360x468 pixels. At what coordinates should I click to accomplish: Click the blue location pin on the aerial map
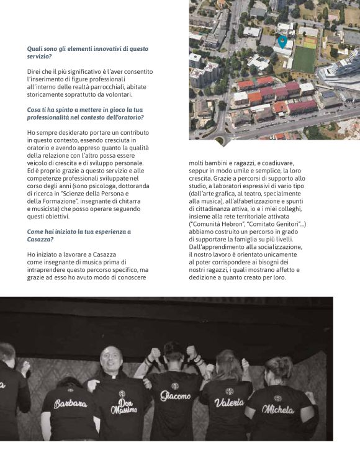pos(282,42)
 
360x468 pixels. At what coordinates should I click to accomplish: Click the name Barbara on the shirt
pos(70,403)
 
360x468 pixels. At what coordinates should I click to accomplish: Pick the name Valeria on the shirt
pos(229,402)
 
